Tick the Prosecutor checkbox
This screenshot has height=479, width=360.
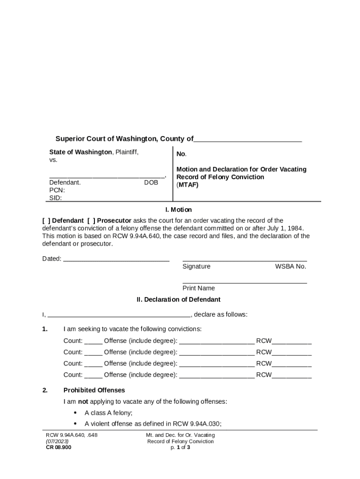pyautogui.click(x=90, y=221)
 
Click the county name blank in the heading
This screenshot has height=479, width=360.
pyautogui.click(x=248, y=139)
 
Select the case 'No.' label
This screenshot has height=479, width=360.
pyautogui.click(x=181, y=154)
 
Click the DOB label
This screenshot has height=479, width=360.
pyautogui.click(x=151, y=183)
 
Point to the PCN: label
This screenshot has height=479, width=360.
pyautogui.click(x=57, y=190)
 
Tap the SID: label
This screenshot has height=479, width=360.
pyautogui.click(x=56, y=198)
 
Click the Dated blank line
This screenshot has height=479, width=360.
pyautogui.click(x=116, y=259)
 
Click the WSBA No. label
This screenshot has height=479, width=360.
pyautogui.click(x=290, y=267)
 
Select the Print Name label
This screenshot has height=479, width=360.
pyautogui.click(x=199, y=289)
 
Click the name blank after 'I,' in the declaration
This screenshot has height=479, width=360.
pyautogui.click(x=119, y=315)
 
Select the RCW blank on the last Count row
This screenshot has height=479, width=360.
pyautogui.click(x=292, y=375)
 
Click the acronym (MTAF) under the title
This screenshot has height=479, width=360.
pyautogui.click(x=187, y=185)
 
